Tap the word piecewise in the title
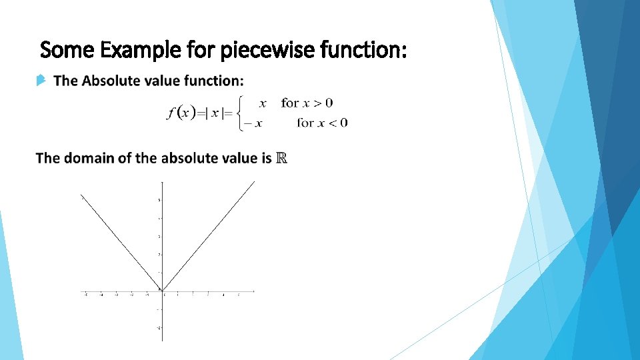[x=247, y=49]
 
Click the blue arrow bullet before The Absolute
[x=41, y=81]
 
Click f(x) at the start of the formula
[x=181, y=113]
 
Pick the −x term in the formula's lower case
[x=253, y=123]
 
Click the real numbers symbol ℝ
[x=281, y=158]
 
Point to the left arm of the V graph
[x=120, y=243]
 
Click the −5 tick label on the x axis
[x=85, y=295]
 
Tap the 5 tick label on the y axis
[x=158, y=200]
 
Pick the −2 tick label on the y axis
[x=158, y=327]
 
